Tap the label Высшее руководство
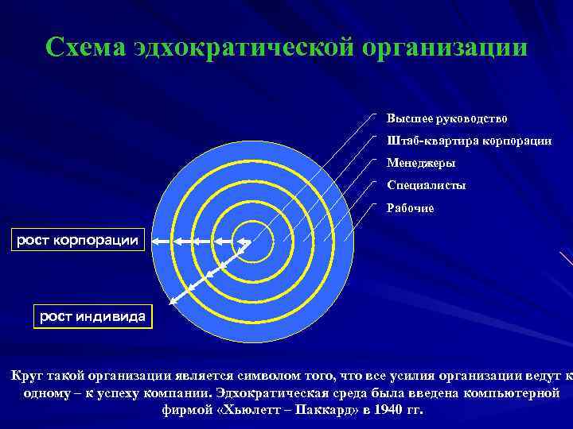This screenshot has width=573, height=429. coord(446,118)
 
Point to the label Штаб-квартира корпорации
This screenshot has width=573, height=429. coord(469,141)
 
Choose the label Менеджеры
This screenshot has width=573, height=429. coord(421,163)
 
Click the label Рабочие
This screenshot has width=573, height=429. coord(410,208)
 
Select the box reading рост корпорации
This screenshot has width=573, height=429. coord(78,239)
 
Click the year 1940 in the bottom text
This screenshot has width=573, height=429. coord(380,411)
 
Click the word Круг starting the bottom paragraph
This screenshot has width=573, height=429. coord(29,376)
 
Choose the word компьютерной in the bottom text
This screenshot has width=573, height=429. coord(512,393)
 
